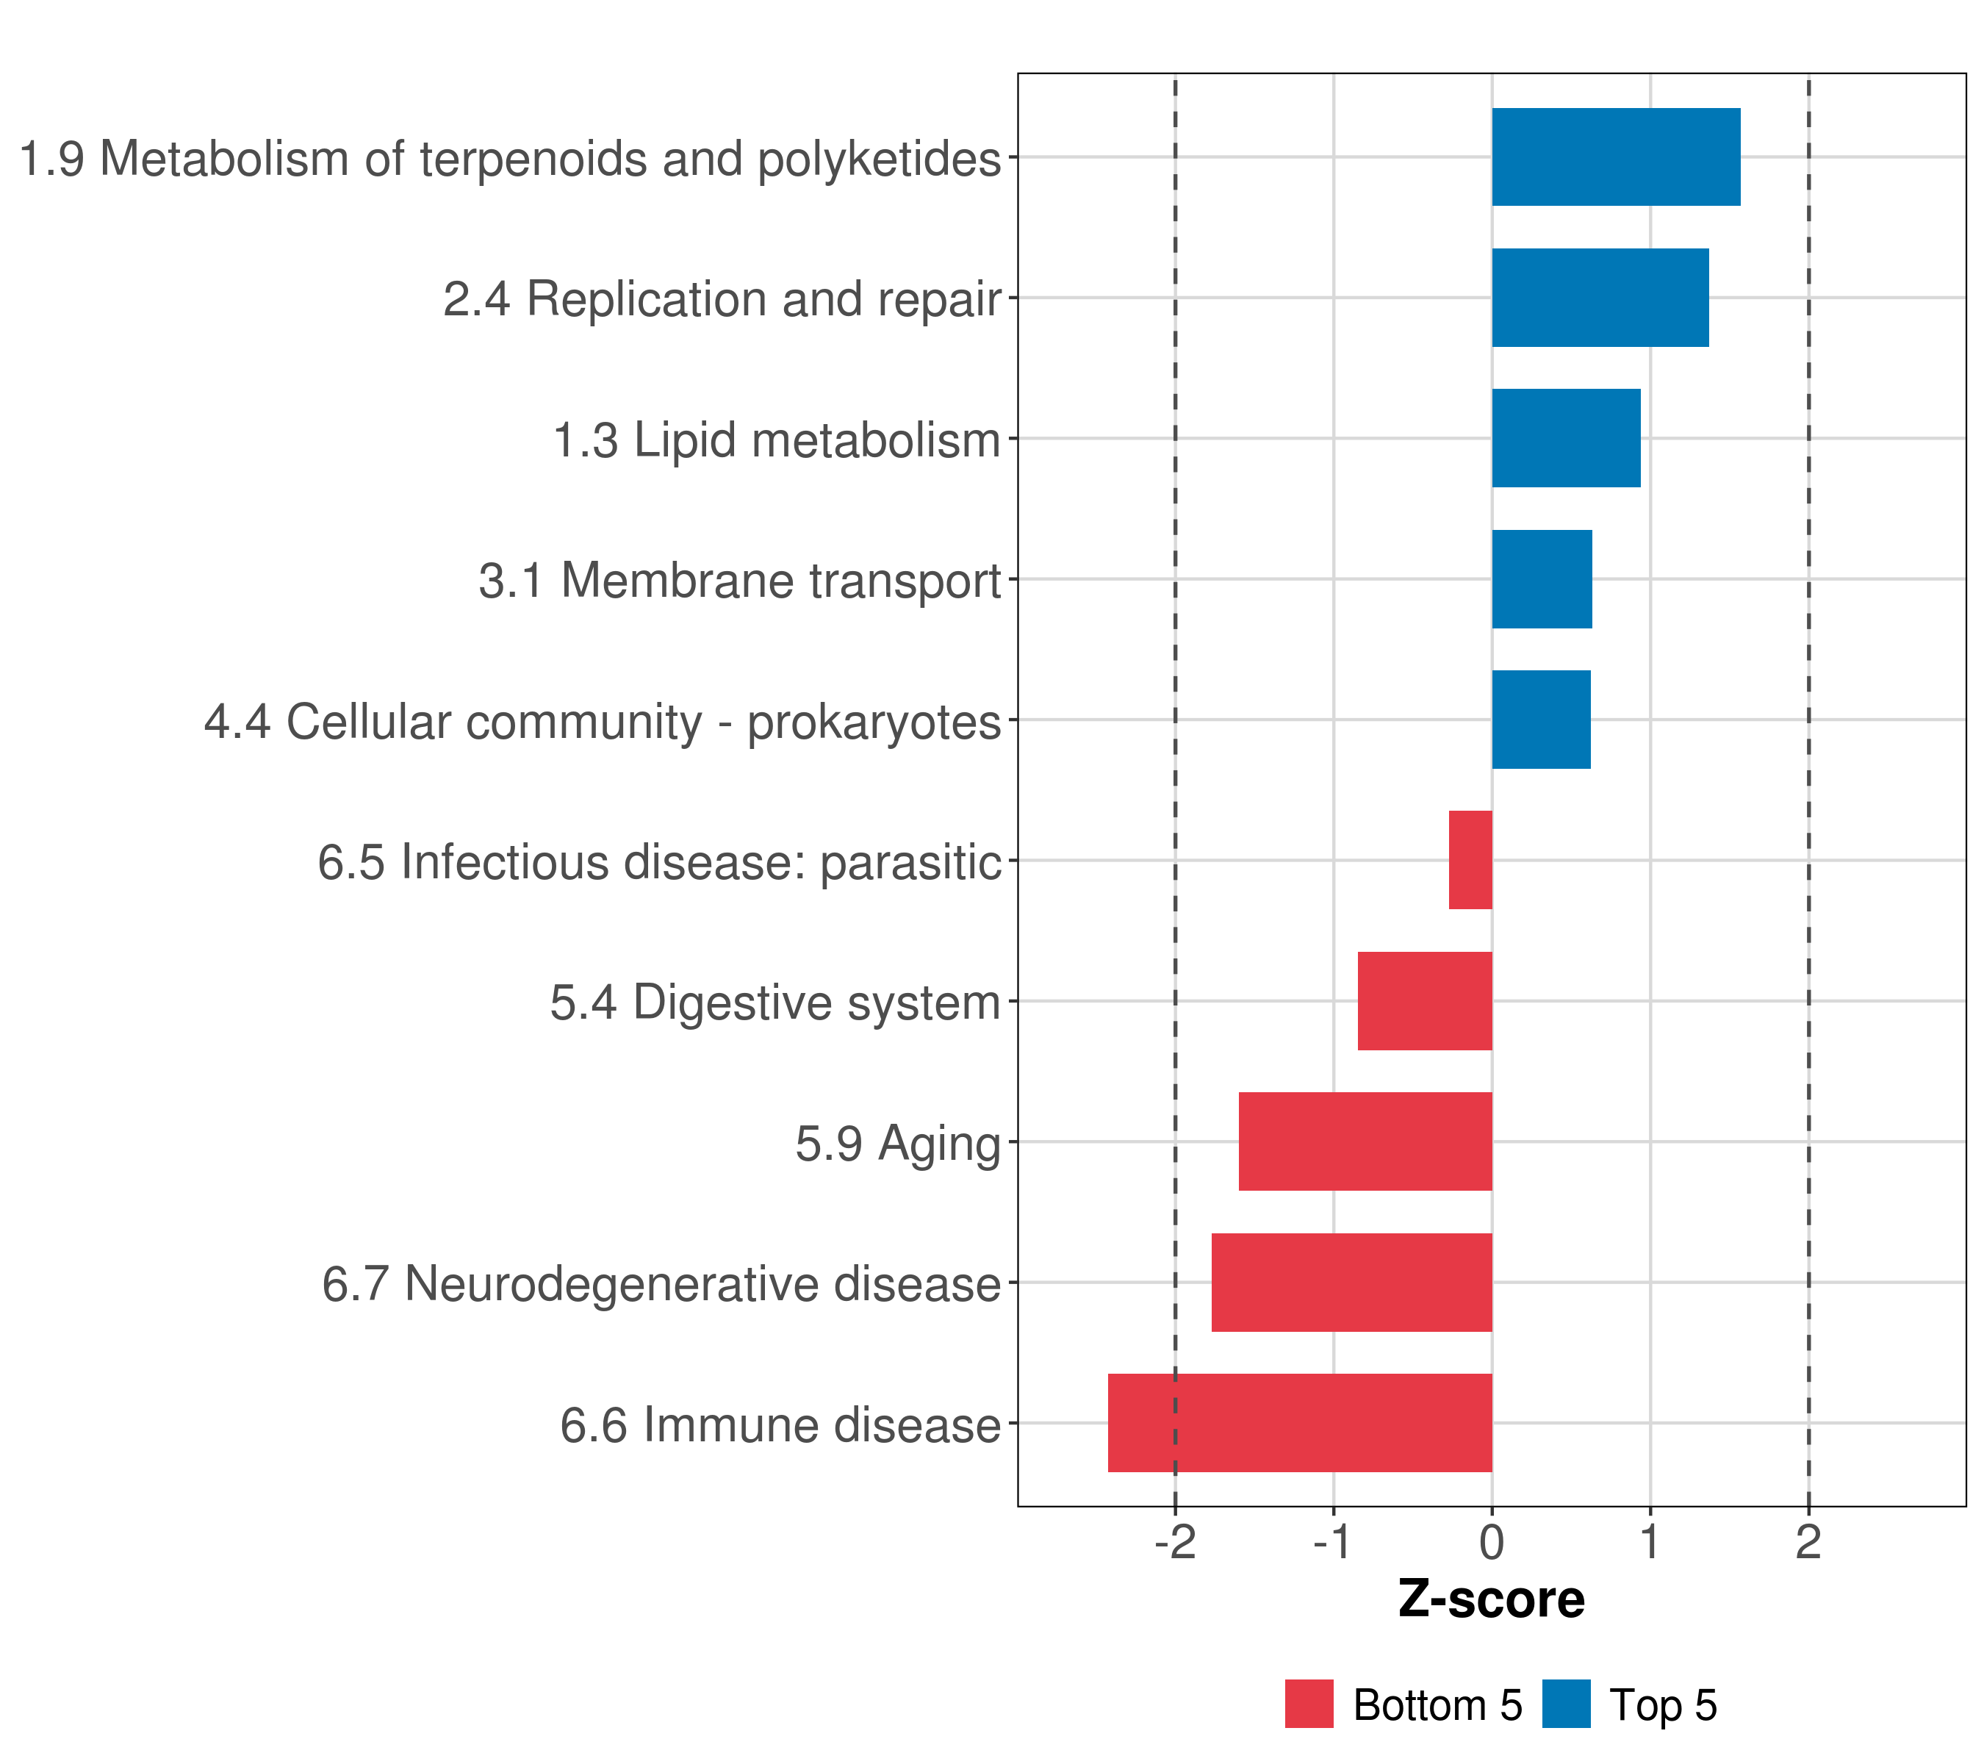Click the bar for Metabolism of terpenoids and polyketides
tap(1615, 157)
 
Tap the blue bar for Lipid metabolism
tap(1566, 438)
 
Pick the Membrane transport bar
tap(1542, 578)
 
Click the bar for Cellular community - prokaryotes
tap(1540, 720)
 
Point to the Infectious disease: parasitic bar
tap(1470, 860)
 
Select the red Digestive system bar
tap(1424, 1001)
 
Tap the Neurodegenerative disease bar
tap(1351, 1283)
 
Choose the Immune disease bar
tap(1300, 1423)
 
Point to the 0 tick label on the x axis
tap(1492, 1543)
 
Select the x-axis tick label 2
tap(1808, 1543)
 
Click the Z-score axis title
tap(1491, 1600)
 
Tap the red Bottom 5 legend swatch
tap(1309, 1704)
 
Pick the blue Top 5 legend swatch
tap(1566, 1704)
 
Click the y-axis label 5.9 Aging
tap(897, 1144)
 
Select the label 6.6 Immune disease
tap(780, 1425)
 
